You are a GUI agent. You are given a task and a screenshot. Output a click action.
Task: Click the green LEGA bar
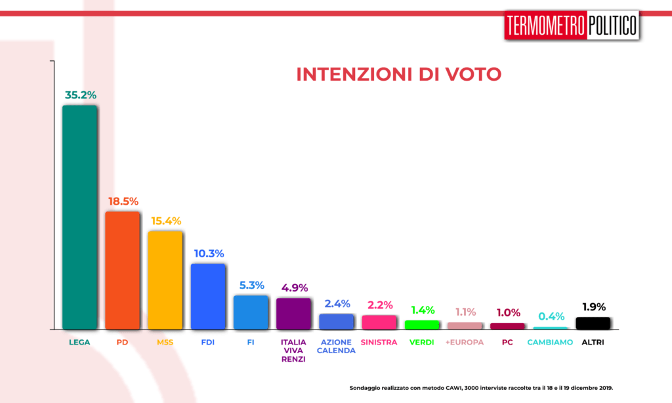[x=79, y=217]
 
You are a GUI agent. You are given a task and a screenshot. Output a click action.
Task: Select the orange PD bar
[x=123, y=270]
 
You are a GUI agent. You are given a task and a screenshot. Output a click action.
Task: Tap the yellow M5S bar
[x=165, y=280]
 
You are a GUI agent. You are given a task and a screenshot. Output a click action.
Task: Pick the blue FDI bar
[x=208, y=296]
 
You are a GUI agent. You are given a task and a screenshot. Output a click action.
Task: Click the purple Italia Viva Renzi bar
[x=293, y=313]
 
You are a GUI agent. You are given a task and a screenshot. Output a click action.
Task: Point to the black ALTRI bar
[x=593, y=323]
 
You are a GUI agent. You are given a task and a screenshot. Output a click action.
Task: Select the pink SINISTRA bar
[x=379, y=322]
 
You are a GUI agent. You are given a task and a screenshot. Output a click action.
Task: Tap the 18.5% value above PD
[x=123, y=201]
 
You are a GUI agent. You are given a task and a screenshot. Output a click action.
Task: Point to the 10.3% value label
[x=209, y=253]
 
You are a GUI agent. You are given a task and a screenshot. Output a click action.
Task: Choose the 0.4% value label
[x=550, y=316]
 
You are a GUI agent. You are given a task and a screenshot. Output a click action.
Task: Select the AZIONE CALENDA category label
[x=336, y=346]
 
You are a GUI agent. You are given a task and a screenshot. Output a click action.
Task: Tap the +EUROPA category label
[x=465, y=342]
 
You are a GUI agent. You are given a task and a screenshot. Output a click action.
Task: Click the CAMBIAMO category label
[x=550, y=342]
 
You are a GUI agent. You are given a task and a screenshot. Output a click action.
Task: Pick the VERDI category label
[x=422, y=342]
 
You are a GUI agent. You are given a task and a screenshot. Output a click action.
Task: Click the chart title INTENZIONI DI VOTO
[x=398, y=74]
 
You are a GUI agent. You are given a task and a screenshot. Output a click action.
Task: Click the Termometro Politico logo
[x=572, y=26]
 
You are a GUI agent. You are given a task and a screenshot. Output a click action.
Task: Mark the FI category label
[x=251, y=342]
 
